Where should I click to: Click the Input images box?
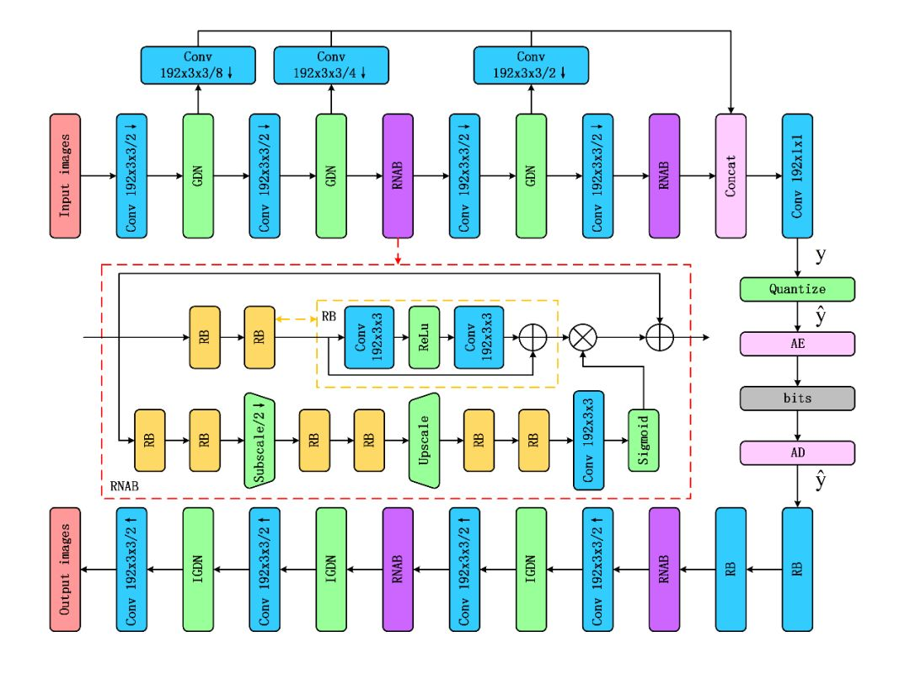66,176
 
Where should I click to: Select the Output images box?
66,569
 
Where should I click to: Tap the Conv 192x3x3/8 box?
198,65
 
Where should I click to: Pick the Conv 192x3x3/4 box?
331,65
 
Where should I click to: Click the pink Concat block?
731,176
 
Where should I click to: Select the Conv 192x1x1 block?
797,176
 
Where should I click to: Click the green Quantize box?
797,289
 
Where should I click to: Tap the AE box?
797,343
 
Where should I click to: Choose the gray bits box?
797,398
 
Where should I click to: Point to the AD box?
797,452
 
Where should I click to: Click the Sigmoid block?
644,440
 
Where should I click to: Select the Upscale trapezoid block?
425,440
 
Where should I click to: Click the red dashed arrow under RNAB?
398,250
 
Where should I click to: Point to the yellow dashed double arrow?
295,322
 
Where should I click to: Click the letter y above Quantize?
821,253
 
